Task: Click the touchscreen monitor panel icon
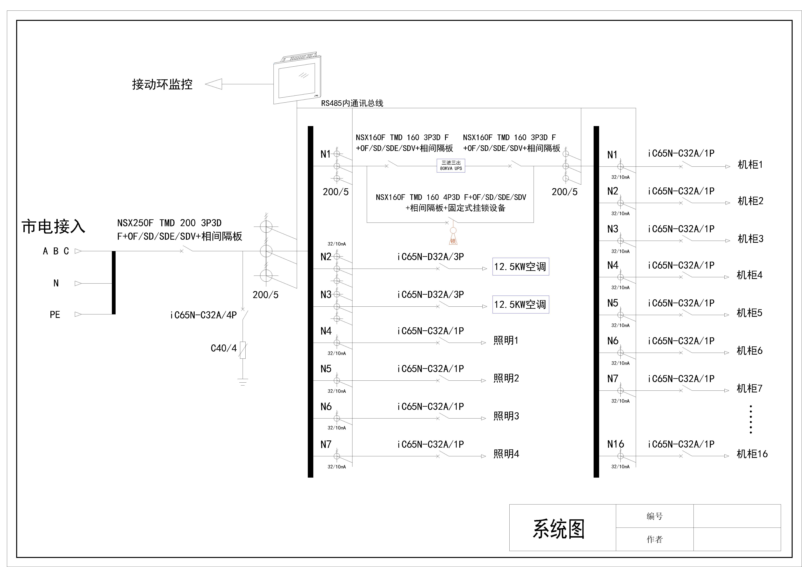pos(297,80)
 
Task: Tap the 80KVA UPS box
pos(451,166)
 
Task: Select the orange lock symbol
pos(453,237)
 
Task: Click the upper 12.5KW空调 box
pos(520,267)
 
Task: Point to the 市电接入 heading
pos(54,227)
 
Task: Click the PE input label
pos(55,315)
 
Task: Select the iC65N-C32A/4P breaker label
pos(203,315)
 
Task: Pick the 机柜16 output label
pos(752,454)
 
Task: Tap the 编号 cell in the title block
pos(654,516)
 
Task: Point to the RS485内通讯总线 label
pos(352,103)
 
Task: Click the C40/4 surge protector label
pos(224,348)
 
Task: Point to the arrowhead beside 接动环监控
pos(214,84)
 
